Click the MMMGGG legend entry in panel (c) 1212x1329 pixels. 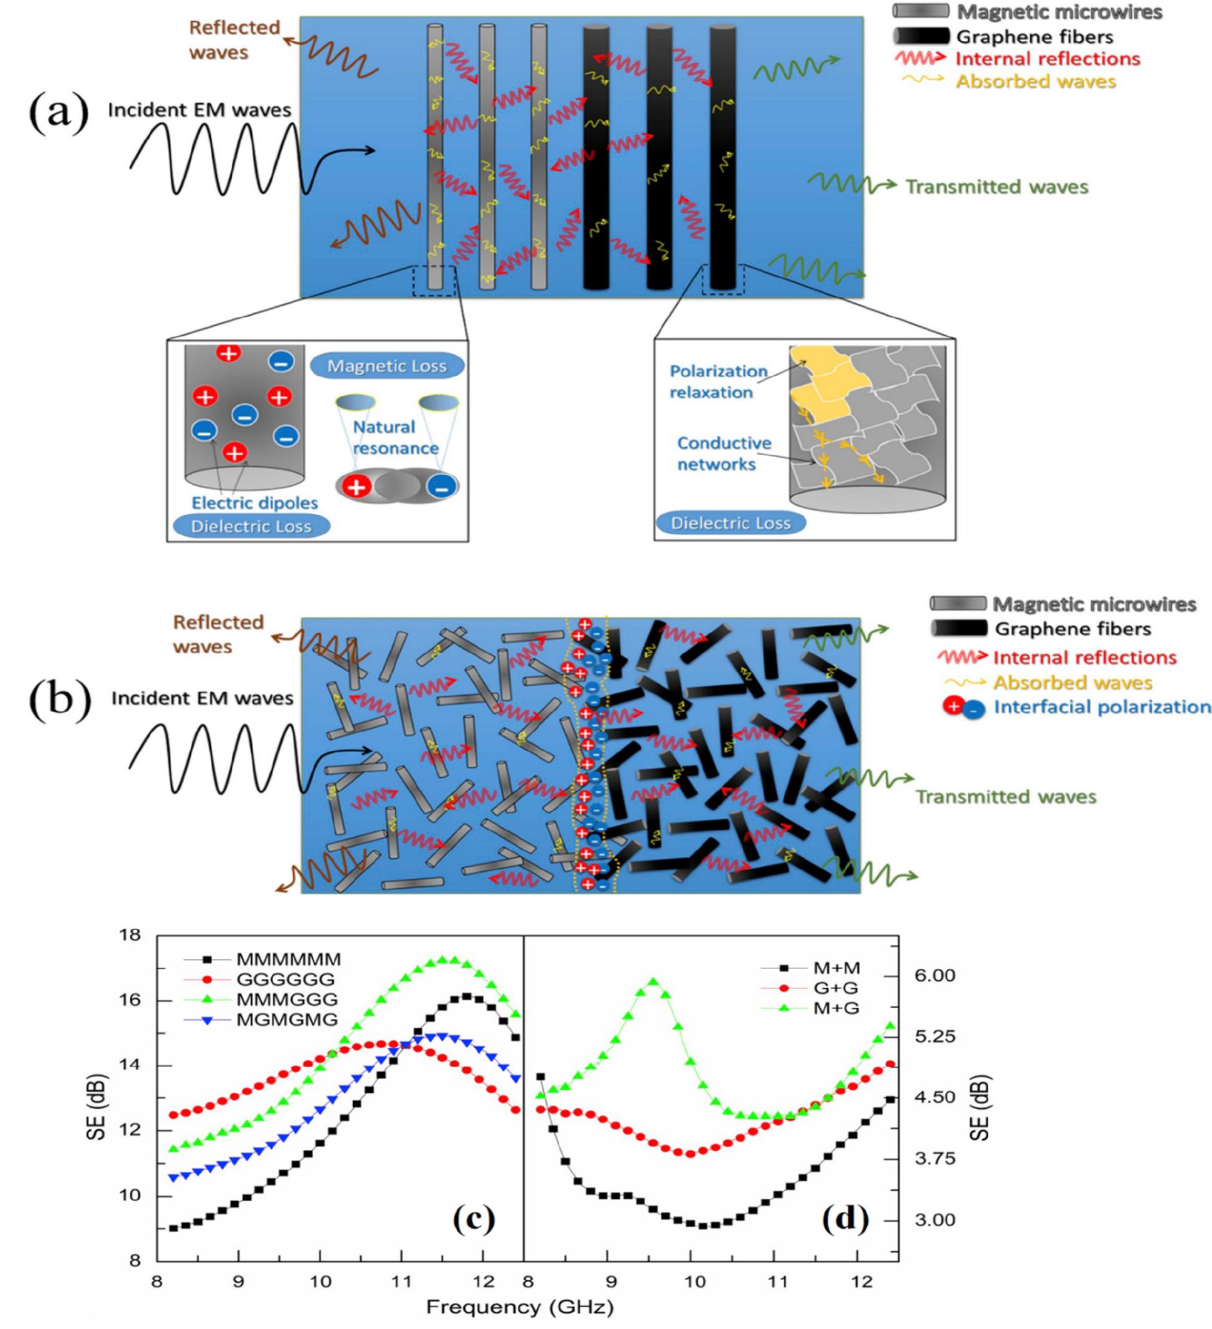287,999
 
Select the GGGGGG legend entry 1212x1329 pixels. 286,979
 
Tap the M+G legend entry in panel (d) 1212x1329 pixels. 836,1008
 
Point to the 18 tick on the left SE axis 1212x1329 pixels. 130,935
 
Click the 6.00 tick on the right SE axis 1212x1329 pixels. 935,975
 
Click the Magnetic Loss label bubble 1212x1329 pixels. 387,366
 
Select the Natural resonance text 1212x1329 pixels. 395,437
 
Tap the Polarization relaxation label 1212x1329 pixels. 717,381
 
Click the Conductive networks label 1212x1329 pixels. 723,453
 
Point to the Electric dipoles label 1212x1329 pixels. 254,503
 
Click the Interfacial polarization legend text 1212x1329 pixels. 1102,706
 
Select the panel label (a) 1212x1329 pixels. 59,113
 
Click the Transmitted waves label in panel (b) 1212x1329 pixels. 1005,797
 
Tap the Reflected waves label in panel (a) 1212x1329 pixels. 234,39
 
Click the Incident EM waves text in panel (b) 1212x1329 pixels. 202,698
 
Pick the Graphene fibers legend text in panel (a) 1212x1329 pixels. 1035,37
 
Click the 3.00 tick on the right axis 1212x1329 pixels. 935,1220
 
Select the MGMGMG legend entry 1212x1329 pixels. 287,1019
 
